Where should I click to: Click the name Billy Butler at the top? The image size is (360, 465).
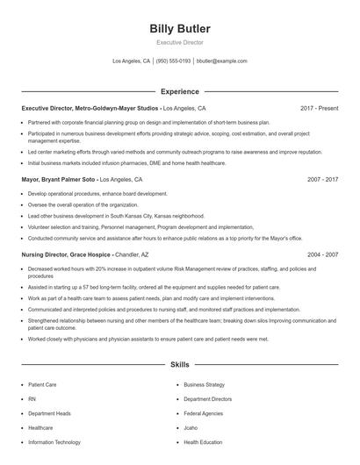pyautogui.click(x=180, y=29)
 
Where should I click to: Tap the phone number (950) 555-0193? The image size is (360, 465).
pyautogui.click(x=173, y=61)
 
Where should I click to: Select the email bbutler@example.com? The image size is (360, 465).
pyautogui.click(x=222, y=61)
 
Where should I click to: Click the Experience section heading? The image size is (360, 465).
pyautogui.click(x=180, y=91)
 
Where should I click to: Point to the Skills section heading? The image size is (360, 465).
pyautogui.click(x=180, y=363)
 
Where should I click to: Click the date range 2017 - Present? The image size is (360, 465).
pyautogui.click(x=319, y=109)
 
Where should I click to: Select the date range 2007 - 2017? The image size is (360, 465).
pyautogui.click(x=322, y=178)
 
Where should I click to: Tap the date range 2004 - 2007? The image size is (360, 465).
pyautogui.click(x=322, y=253)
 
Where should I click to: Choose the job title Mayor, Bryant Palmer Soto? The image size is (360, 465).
pyautogui.click(x=58, y=178)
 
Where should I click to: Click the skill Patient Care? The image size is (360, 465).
pyautogui.click(x=42, y=384)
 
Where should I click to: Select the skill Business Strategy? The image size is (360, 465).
pyautogui.click(x=204, y=384)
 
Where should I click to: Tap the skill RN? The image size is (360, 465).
pyautogui.click(x=32, y=398)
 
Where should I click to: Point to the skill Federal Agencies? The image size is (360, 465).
pyautogui.click(x=203, y=413)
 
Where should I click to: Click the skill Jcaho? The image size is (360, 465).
pyautogui.click(x=192, y=427)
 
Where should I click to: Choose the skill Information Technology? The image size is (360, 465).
pyautogui.click(x=54, y=442)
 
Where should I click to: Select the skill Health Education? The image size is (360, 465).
pyautogui.click(x=203, y=442)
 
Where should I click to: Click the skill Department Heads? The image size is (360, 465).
pyautogui.click(x=49, y=413)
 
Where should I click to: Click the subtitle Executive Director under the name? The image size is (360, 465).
pyautogui.click(x=180, y=42)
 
